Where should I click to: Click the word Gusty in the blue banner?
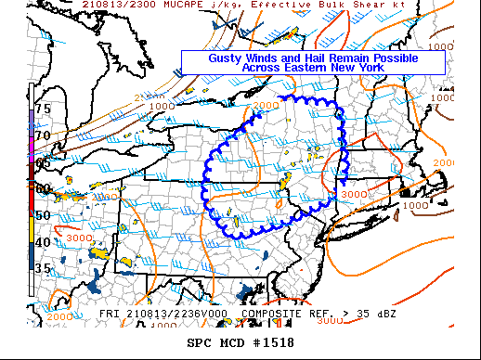pyautogui.click(x=226, y=58)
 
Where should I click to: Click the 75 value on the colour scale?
pyautogui.click(x=42, y=109)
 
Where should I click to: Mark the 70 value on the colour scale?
pyautogui.click(x=42, y=135)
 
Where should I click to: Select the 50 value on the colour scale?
pyautogui.click(x=42, y=215)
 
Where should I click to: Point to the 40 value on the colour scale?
pyautogui.click(x=42, y=242)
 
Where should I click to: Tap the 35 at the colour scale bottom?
pyautogui.click(x=42, y=269)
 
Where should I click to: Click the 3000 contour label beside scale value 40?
pyautogui.click(x=79, y=238)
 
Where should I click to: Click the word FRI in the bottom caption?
pyautogui.click(x=110, y=314)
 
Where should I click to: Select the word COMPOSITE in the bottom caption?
pyautogui.click(x=267, y=314)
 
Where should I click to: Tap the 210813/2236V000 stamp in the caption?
pyautogui.click(x=176, y=314)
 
